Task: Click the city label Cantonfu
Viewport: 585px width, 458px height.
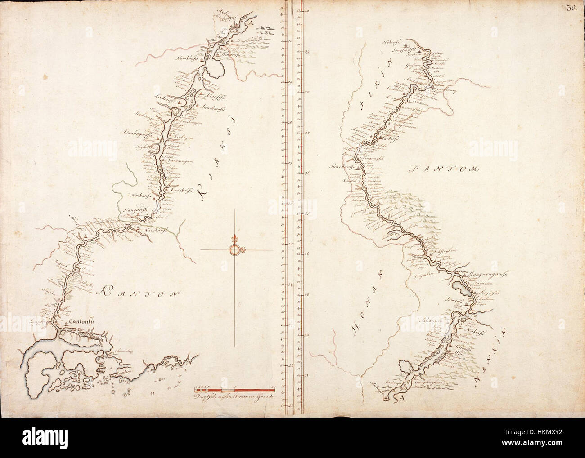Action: coord(81,321)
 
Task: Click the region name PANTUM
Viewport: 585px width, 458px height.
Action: coord(438,169)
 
